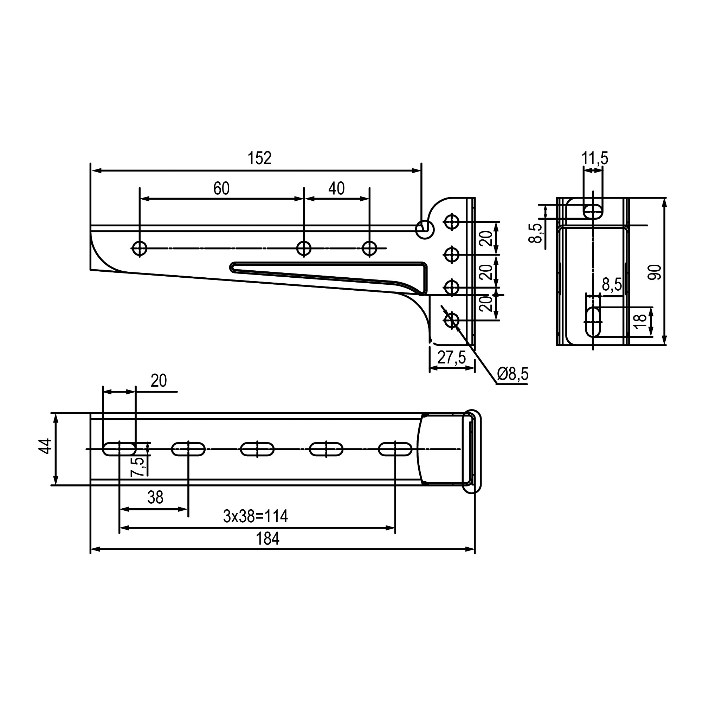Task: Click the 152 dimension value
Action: click(x=259, y=158)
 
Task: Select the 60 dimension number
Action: click(x=221, y=188)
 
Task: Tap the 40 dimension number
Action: click(x=336, y=188)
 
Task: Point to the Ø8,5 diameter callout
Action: click(x=512, y=374)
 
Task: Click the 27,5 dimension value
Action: click(x=452, y=358)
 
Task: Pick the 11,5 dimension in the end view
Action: click(x=595, y=159)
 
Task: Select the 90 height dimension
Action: click(x=655, y=272)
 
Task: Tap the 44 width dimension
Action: click(x=46, y=446)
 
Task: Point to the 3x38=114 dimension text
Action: click(x=256, y=516)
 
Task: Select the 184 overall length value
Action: click(x=267, y=539)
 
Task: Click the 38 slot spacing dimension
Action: click(x=155, y=497)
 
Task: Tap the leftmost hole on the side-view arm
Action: click(x=140, y=249)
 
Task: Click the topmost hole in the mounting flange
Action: click(x=452, y=221)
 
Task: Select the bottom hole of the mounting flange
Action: click(x=452, y=321)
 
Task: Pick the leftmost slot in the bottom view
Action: click(x=120, y=449)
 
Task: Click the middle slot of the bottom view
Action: click(x=257, y=449)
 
